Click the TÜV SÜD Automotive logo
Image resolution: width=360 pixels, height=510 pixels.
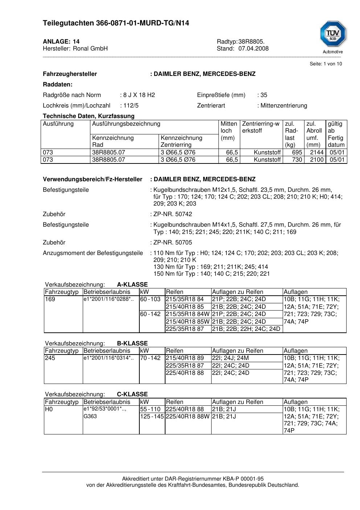point(333,37)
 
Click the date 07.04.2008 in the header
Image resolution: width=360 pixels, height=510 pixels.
point(253,49)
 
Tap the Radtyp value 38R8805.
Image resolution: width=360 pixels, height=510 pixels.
point(251,42)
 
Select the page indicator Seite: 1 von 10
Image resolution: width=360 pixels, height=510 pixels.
point(326,64)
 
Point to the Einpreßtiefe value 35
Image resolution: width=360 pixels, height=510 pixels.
point(264,95)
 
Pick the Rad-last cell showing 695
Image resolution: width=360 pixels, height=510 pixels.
point(297,153)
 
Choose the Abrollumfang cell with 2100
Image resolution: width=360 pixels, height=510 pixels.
point(316,160)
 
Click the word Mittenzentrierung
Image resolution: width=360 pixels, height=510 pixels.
point(284,106)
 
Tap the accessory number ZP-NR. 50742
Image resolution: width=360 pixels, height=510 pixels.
point(172,214)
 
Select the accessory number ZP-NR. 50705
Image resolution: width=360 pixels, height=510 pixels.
point(172,243)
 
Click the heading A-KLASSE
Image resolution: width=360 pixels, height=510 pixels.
point(132,285)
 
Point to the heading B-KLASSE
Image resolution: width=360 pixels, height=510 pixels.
point(132,344)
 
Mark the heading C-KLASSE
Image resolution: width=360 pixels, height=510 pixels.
point(132,394)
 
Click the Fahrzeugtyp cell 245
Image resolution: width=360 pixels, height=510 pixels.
point(50,358)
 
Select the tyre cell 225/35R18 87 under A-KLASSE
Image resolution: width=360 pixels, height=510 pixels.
point(185,329)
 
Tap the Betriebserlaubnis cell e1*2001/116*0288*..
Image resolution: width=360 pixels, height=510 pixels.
point(109,299)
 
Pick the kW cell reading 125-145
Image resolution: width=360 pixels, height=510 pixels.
point(152,417)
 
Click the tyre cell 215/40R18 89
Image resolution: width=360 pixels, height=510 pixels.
point(185,358)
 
